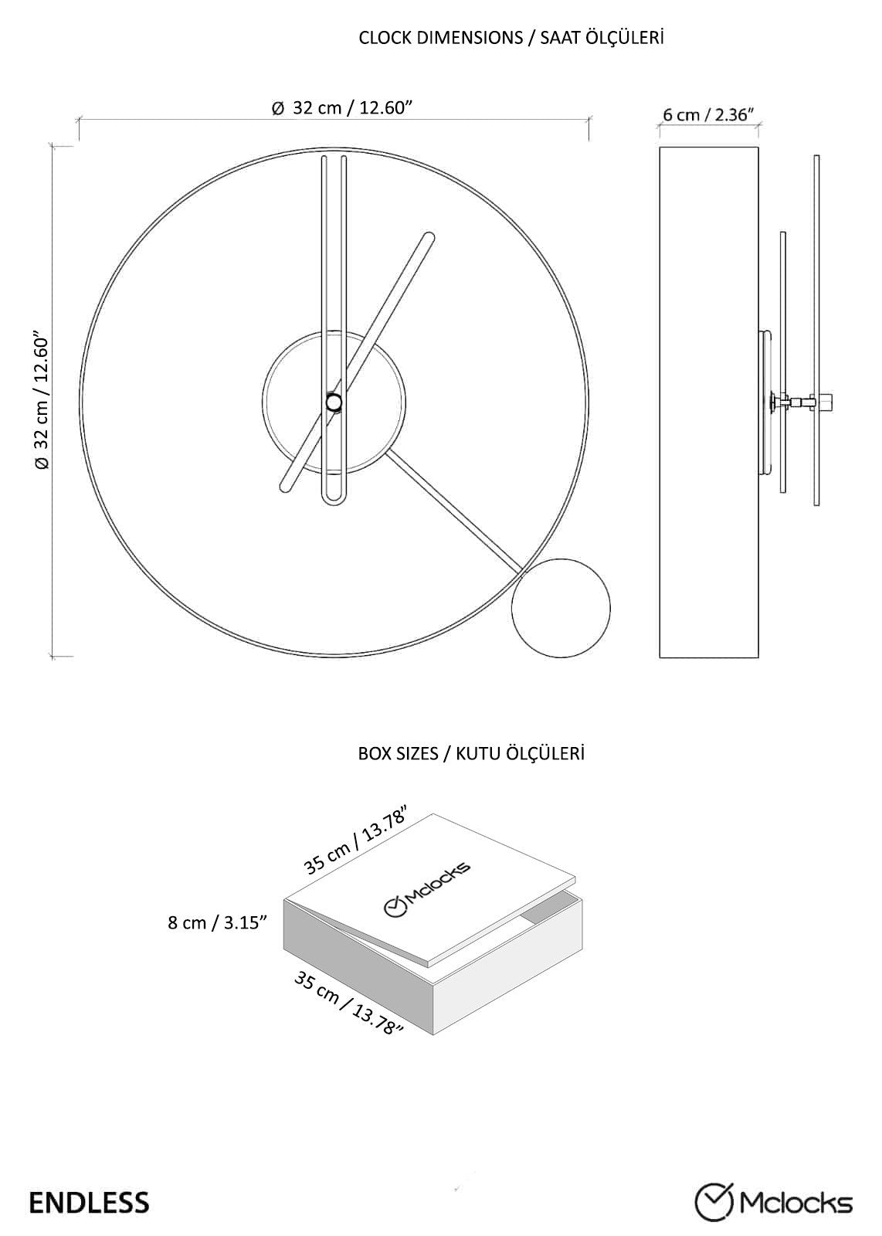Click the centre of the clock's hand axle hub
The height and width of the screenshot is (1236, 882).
(x=334, y=402)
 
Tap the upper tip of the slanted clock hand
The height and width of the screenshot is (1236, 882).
(x=429, y=236)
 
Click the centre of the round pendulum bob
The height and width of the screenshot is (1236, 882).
(x=561, y=608)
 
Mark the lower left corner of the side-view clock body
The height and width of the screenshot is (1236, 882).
(x=660, y=657)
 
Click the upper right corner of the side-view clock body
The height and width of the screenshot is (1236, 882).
(x=758, y=148)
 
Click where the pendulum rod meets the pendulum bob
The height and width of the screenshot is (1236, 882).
(x=523, y=572)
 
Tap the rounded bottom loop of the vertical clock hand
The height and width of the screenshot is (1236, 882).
(x=334, y=498)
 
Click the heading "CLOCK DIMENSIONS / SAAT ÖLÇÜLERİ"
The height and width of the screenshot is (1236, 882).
(x=511, y=38)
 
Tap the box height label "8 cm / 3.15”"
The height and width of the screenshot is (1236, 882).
(x=217, y=922)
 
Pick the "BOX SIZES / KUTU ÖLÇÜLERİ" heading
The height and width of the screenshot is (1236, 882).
(x=471, y=753)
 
